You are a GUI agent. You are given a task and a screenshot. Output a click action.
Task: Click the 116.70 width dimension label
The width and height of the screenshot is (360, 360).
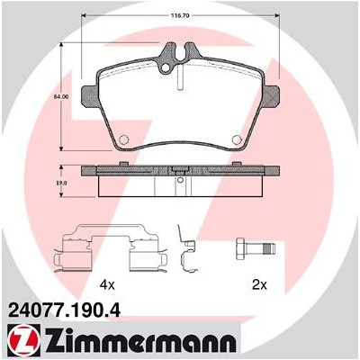181,16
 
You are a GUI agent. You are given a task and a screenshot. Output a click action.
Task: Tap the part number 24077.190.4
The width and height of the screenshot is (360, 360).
66,310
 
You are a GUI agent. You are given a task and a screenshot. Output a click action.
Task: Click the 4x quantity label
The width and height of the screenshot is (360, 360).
107,284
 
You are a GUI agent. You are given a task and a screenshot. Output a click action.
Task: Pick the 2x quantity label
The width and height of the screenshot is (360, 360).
259,284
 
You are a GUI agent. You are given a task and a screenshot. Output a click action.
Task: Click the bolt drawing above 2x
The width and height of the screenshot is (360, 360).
256,249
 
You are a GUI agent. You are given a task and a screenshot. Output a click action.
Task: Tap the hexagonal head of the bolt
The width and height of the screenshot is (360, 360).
240,249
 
